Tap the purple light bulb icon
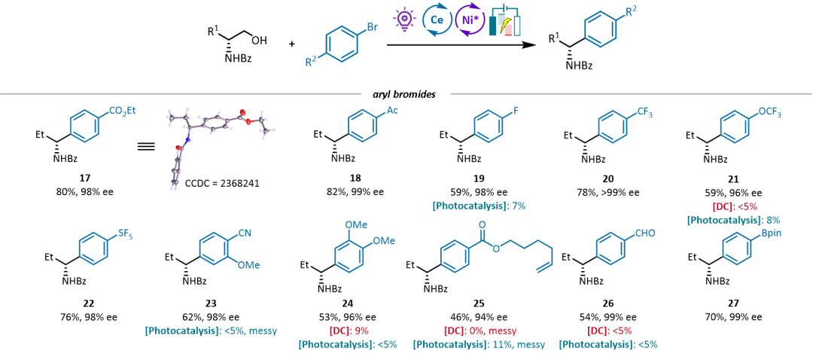coord(405,18)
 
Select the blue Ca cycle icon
coord(437,19)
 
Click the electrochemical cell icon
coord(505,21)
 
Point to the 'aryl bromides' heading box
coord(406,95)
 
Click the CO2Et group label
coord(123,111)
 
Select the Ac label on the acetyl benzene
coord(392,111)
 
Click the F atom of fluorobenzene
coord(517,111)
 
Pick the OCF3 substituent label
coord(766,112)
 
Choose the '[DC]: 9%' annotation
coord(349,330)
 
